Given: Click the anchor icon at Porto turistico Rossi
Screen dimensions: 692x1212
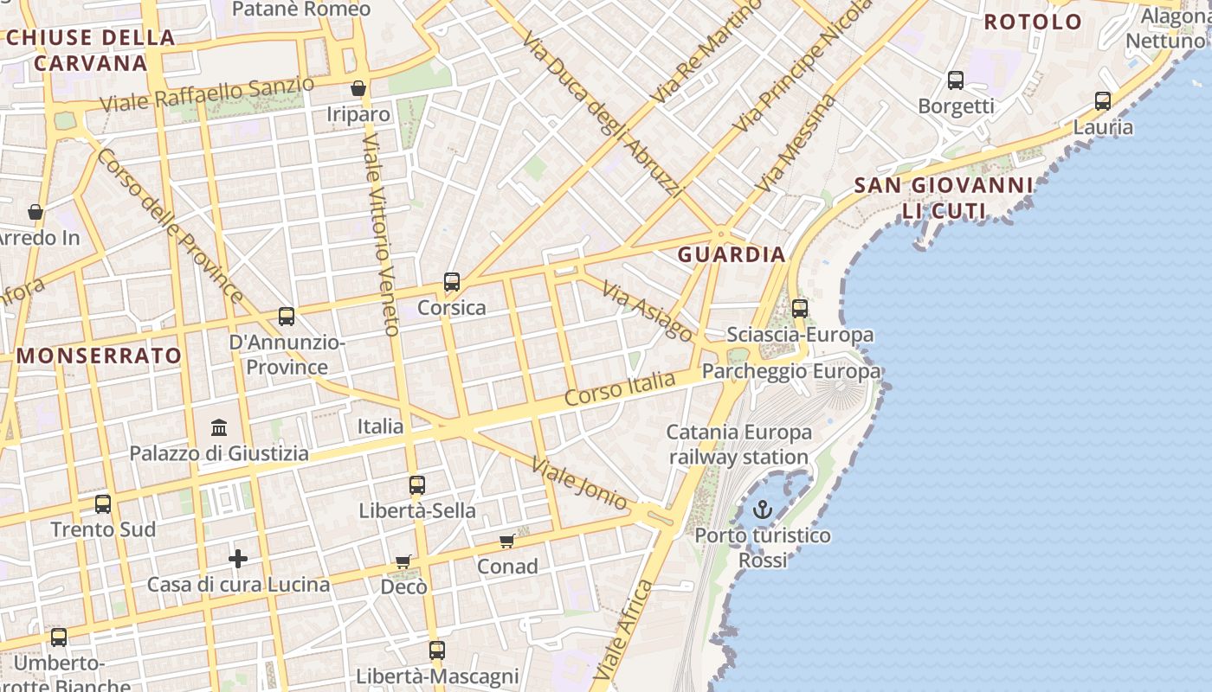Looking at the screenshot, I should [x=762, y=510].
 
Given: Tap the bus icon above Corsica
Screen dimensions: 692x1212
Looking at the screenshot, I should [x=452, y=282].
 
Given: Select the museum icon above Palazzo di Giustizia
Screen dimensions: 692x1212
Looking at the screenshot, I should [x=219, y=427].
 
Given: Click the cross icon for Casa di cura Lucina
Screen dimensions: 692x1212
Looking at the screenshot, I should [x=238, y=559].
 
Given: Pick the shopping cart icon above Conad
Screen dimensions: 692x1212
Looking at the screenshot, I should [x=507, y=541].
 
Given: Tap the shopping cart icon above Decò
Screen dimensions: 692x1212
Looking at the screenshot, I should [x=403, y=562].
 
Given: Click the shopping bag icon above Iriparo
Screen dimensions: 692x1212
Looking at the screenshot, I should [x=358, y=88].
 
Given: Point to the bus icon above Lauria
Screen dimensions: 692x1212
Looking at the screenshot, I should [x=1103, y=101].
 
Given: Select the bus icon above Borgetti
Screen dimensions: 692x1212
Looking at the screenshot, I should [x=956, y=80].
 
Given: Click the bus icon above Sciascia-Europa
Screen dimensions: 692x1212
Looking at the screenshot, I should [x=800, y=309].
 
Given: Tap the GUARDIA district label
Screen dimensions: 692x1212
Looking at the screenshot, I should [x=732, y=254].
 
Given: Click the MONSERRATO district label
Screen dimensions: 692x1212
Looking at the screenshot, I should [x=100, y=356].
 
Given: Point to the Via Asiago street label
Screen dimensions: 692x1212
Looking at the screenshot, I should [x=648, y=311].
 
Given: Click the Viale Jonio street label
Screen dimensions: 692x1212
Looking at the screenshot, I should [x=580, y=484].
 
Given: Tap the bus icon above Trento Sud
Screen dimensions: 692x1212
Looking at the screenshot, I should [x=103, y=503].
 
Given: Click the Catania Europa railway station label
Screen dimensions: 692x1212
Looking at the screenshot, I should [x=738, y=444].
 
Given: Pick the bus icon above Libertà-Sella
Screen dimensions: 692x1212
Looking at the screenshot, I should [x=417, y=485].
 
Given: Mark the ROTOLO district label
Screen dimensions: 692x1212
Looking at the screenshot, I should [x=1033, y=22].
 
